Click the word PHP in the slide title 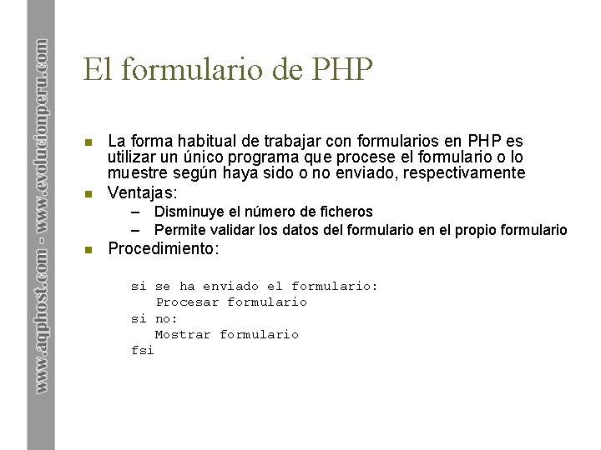tap(342, 69)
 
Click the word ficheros tap(345, 212)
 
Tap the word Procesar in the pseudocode tap(187, 302)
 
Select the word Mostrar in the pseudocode tap(183, 334)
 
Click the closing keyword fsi tap(143, 350)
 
